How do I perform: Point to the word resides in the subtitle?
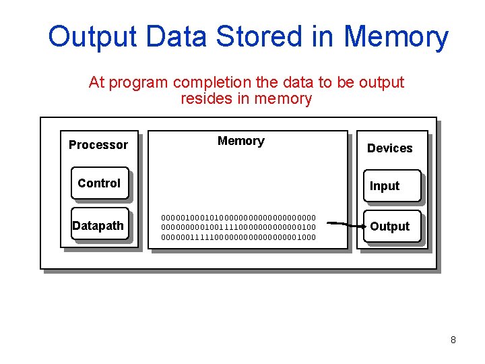point(204,99)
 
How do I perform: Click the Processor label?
point(98,145)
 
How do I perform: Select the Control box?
point(99,183)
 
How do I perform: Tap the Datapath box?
point(98,226)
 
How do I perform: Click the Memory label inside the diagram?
point(240,141)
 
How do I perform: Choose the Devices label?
point(389,148)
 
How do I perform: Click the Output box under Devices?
point(389,226)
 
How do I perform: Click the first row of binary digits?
point(238,218)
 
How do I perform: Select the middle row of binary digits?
point(238,227)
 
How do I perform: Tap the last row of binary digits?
point(238,237)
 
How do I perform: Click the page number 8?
point(453,340)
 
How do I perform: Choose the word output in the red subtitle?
point(381,82)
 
